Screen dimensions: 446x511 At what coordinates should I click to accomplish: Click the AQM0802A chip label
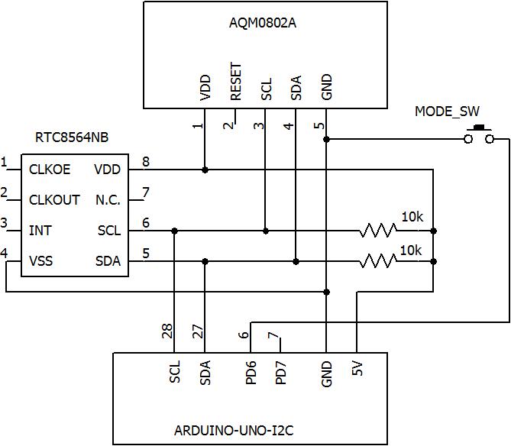[262, 22]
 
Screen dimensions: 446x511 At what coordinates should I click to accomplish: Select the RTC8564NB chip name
[72, 138]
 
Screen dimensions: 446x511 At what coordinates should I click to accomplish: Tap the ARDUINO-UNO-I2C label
[250, 428]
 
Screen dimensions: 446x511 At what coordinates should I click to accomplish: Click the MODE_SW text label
[447, 112]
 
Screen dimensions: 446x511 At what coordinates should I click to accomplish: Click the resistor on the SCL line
[379, 230]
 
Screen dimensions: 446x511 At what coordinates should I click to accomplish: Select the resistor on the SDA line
[379, 261]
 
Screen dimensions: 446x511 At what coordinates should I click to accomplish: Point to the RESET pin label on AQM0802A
[236, 82]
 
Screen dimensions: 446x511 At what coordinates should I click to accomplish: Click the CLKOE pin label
[50, 170]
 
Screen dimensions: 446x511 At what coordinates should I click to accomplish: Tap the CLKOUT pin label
[54, 200]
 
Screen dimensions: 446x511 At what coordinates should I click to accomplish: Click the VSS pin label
[41, 261]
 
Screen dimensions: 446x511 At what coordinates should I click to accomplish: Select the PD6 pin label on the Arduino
[251, 373]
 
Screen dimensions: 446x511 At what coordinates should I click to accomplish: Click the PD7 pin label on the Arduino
[281, 373]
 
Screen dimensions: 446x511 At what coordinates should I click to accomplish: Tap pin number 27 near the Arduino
[199, 331]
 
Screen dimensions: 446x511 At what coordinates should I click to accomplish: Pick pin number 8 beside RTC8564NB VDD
[145, 161]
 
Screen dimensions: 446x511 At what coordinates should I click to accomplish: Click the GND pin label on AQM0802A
[327, 87]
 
